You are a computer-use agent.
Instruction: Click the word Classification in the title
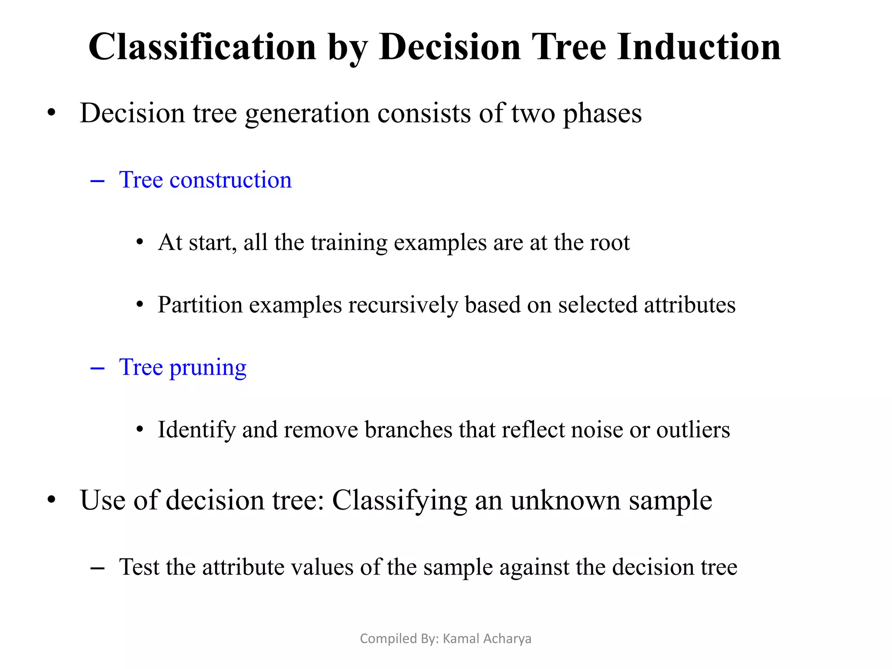pyautogui.click(x=202, y=47)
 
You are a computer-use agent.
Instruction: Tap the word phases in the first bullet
pyautogui.click(x=602, y=114)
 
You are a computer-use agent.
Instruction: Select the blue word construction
pyautogui.click(x=230, y=180)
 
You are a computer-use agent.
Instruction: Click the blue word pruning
pyautogui.click(x=208, y=368)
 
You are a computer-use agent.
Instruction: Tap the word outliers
pyautogui.click(x=693, y=430)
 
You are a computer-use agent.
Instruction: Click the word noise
pyautogui.click(x=597, y=430)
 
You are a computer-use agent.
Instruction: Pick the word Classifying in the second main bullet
pyautogui.click(x=399, y=501)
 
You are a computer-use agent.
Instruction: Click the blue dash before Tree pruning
pyautogui.click(x=97, y=369)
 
